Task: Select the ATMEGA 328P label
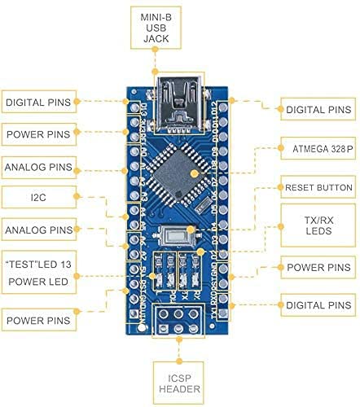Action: click(x=315, y=149)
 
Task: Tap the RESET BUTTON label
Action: click(x=315, y=187)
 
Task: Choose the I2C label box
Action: click(x=38, y=197)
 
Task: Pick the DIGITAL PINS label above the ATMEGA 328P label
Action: click(x=315, y=108)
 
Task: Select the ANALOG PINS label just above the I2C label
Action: click(x=38, y=168)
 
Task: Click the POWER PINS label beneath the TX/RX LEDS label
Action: click(x=315, y=267)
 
